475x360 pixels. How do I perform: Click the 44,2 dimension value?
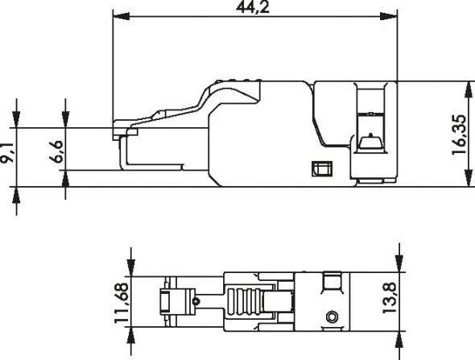[254, 7]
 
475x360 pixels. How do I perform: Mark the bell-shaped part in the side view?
[370, 144]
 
